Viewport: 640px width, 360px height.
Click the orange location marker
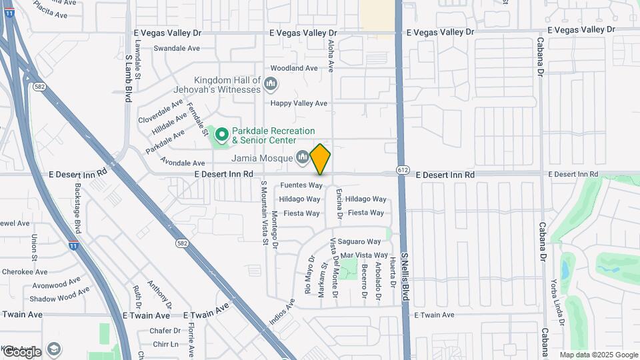pos(321,159)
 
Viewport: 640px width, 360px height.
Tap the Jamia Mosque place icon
pos(303,157)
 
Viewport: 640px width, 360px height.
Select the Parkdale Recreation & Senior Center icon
pos(221,136)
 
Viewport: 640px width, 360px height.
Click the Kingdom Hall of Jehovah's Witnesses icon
pos(271,84)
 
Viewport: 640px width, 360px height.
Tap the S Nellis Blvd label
pos(404,281)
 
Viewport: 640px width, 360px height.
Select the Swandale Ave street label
pos(177,48)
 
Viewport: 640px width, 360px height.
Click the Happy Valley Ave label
pos(299,103)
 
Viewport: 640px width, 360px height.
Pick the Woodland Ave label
pos(294,68)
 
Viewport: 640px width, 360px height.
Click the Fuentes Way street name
pos(301,185)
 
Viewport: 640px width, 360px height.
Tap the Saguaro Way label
pos(359,241)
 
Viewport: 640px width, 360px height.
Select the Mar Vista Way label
pos(364,255)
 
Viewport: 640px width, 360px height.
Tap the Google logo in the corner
pos(21,351)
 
